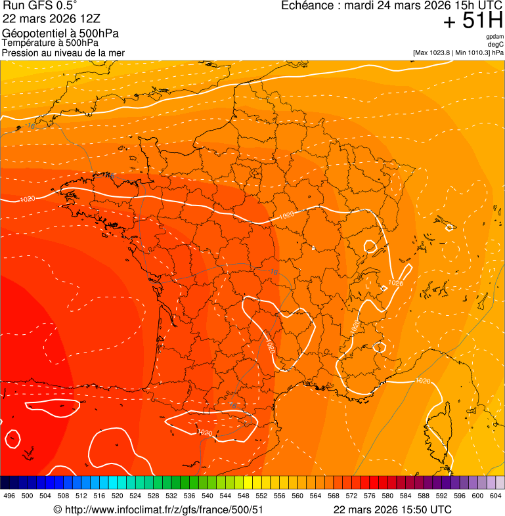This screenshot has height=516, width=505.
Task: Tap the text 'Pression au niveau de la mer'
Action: click(63, 53)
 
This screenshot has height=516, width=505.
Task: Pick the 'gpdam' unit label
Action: click(494, 37)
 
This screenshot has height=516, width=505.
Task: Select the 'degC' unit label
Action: click(496, 44)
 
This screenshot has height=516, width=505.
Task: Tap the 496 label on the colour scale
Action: click(9, 496)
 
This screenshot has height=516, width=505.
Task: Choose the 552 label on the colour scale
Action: click(261, 496)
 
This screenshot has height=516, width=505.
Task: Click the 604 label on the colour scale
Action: click(495, 496)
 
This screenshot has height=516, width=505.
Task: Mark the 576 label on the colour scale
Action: click(369, 496)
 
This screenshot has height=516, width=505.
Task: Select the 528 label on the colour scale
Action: click(154, 496)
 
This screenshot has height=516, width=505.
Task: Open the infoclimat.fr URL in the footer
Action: click(163, 509)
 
